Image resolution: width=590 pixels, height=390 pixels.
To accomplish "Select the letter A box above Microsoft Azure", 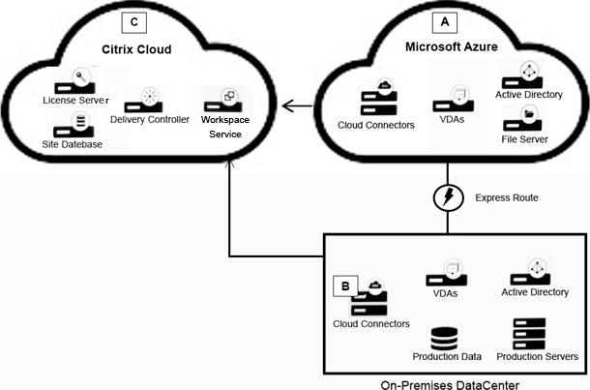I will pos(446,19).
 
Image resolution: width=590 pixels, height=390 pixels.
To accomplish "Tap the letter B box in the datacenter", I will pos(343,286).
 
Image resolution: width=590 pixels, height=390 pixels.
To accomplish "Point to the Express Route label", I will pos(506,197).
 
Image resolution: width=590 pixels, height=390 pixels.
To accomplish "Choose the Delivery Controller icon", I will pos(148,100).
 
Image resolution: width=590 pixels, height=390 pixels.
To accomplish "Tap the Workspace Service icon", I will pos(228,100).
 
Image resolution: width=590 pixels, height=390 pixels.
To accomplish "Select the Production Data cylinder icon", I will pos(446,339).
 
